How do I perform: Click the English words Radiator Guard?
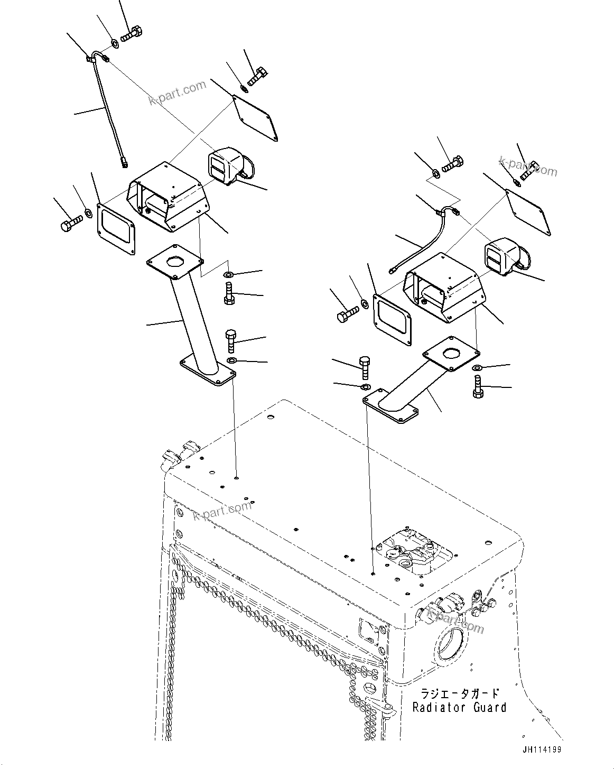(459, 707)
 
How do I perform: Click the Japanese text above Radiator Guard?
(459, 693)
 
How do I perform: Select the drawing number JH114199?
(542, 749)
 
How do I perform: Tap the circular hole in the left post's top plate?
(175, 262)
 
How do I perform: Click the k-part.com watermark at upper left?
(178, 92)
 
